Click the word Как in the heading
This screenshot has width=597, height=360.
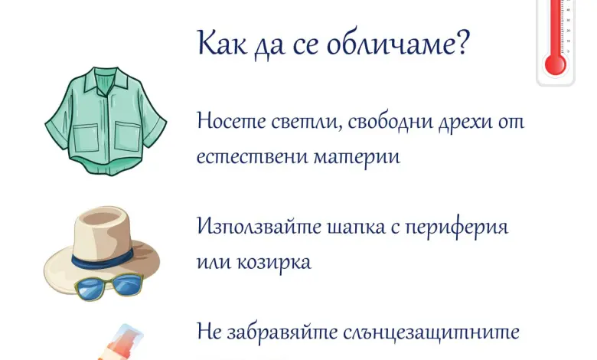[x=222, y=43]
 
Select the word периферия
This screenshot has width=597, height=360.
[x=456, y=228]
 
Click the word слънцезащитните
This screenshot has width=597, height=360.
[x=432, y=332]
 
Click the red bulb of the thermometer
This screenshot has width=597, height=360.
[x=555, y=65]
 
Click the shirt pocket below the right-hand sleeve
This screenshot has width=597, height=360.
[x=127, y=136]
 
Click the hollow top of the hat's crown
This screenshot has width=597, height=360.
[x=102, y=218]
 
